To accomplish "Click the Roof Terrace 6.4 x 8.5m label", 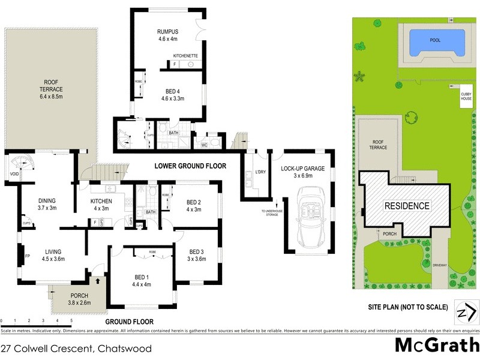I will point(52,89).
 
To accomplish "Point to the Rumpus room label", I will point(169,35).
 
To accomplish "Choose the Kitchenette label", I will point(185,56).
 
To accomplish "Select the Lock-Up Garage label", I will point(305,173).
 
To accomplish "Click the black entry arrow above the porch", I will point(98,280).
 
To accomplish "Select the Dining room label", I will point(47,205).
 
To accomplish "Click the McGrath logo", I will point(437,346).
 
